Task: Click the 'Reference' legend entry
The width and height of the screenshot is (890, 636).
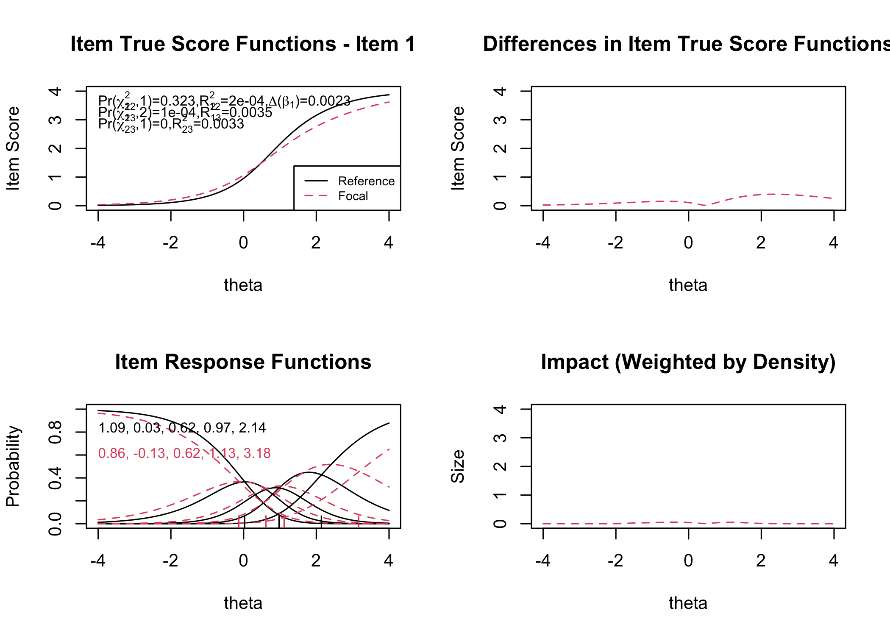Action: pos(366,181)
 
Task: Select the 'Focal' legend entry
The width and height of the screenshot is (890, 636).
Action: pos(353,196)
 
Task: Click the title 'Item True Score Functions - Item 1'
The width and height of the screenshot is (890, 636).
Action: pos(243,44)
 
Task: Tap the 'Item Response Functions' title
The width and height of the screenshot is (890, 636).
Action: pos(243,362)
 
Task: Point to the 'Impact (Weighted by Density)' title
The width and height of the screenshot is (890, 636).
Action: pos(688,362)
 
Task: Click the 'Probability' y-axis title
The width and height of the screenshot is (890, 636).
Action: pos(13,466)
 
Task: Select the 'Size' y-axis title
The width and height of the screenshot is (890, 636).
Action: pos(458,466)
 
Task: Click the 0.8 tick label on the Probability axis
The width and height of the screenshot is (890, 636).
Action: pos(55,432)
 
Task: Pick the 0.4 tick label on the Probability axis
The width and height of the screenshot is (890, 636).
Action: pos(55,478)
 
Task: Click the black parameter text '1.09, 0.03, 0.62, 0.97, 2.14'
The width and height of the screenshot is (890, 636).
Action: pos(182,428)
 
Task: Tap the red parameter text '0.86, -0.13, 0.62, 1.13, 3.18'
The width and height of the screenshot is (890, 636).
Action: pos(184,453)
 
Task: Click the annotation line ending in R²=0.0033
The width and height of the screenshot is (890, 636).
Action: pos(171,124)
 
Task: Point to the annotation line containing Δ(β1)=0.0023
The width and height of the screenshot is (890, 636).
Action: pos(224,101)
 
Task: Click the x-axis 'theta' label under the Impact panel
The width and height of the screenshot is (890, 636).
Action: pos(688,603)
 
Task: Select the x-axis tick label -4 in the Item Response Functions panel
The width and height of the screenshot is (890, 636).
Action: pos(98,561)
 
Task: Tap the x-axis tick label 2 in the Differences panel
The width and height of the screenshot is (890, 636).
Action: pos(761,243)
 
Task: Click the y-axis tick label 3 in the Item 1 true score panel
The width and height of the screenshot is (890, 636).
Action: pos(55,120)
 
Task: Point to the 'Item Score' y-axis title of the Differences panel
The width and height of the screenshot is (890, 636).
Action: pos(458,148)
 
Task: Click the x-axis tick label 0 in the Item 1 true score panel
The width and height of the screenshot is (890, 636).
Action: pos(243,243)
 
